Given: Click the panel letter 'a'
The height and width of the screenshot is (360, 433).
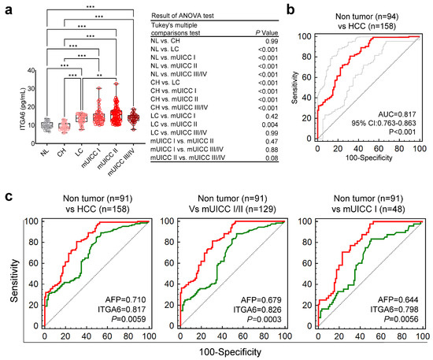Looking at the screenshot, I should pos(7,9).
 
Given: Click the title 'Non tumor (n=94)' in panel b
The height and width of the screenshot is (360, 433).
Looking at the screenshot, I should pos(367,12).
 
